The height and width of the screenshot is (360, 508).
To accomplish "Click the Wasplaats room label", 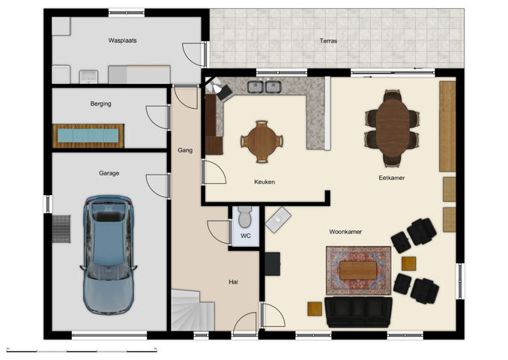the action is coord(122,40).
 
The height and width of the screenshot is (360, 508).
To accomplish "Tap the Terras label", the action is coord(328,40).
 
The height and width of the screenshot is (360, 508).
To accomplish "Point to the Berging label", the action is coord(100,103).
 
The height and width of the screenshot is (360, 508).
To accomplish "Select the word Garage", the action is coord(109,173).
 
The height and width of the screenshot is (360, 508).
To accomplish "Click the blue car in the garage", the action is coord(109,254).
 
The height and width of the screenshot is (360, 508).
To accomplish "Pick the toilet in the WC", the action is coord(245,217).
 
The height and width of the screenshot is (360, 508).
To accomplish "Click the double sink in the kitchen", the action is coord(264,87).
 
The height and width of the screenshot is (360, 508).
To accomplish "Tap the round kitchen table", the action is coord(261,142).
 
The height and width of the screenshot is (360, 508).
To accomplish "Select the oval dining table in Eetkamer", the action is coord(393,127).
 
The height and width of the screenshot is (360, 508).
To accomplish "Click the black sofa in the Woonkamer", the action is coord(358,312).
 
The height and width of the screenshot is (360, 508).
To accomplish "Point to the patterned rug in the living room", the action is coord(359,271).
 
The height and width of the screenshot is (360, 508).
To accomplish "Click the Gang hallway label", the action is coord(185,150).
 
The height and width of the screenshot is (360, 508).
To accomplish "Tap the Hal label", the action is coord(233,282).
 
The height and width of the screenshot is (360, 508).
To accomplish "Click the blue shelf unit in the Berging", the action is coord(88,136).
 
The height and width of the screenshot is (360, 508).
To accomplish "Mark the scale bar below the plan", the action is coord(82,351).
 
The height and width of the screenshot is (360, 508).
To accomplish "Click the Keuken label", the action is coord(264,182).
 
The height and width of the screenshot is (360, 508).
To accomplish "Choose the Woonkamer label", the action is coord(345,232).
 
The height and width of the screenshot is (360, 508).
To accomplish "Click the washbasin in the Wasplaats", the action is coord(88,76).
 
